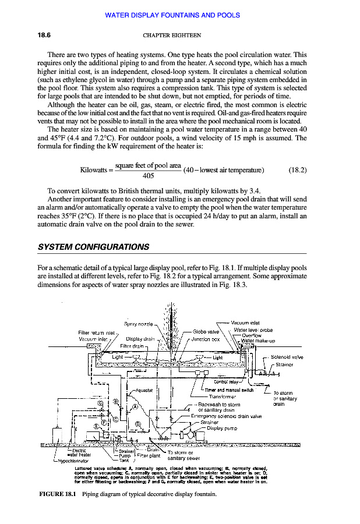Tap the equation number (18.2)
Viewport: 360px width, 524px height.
pyautogui.click(x=298, y=170)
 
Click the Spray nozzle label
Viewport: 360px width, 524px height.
pyautogui.click(x=138, y=324)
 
